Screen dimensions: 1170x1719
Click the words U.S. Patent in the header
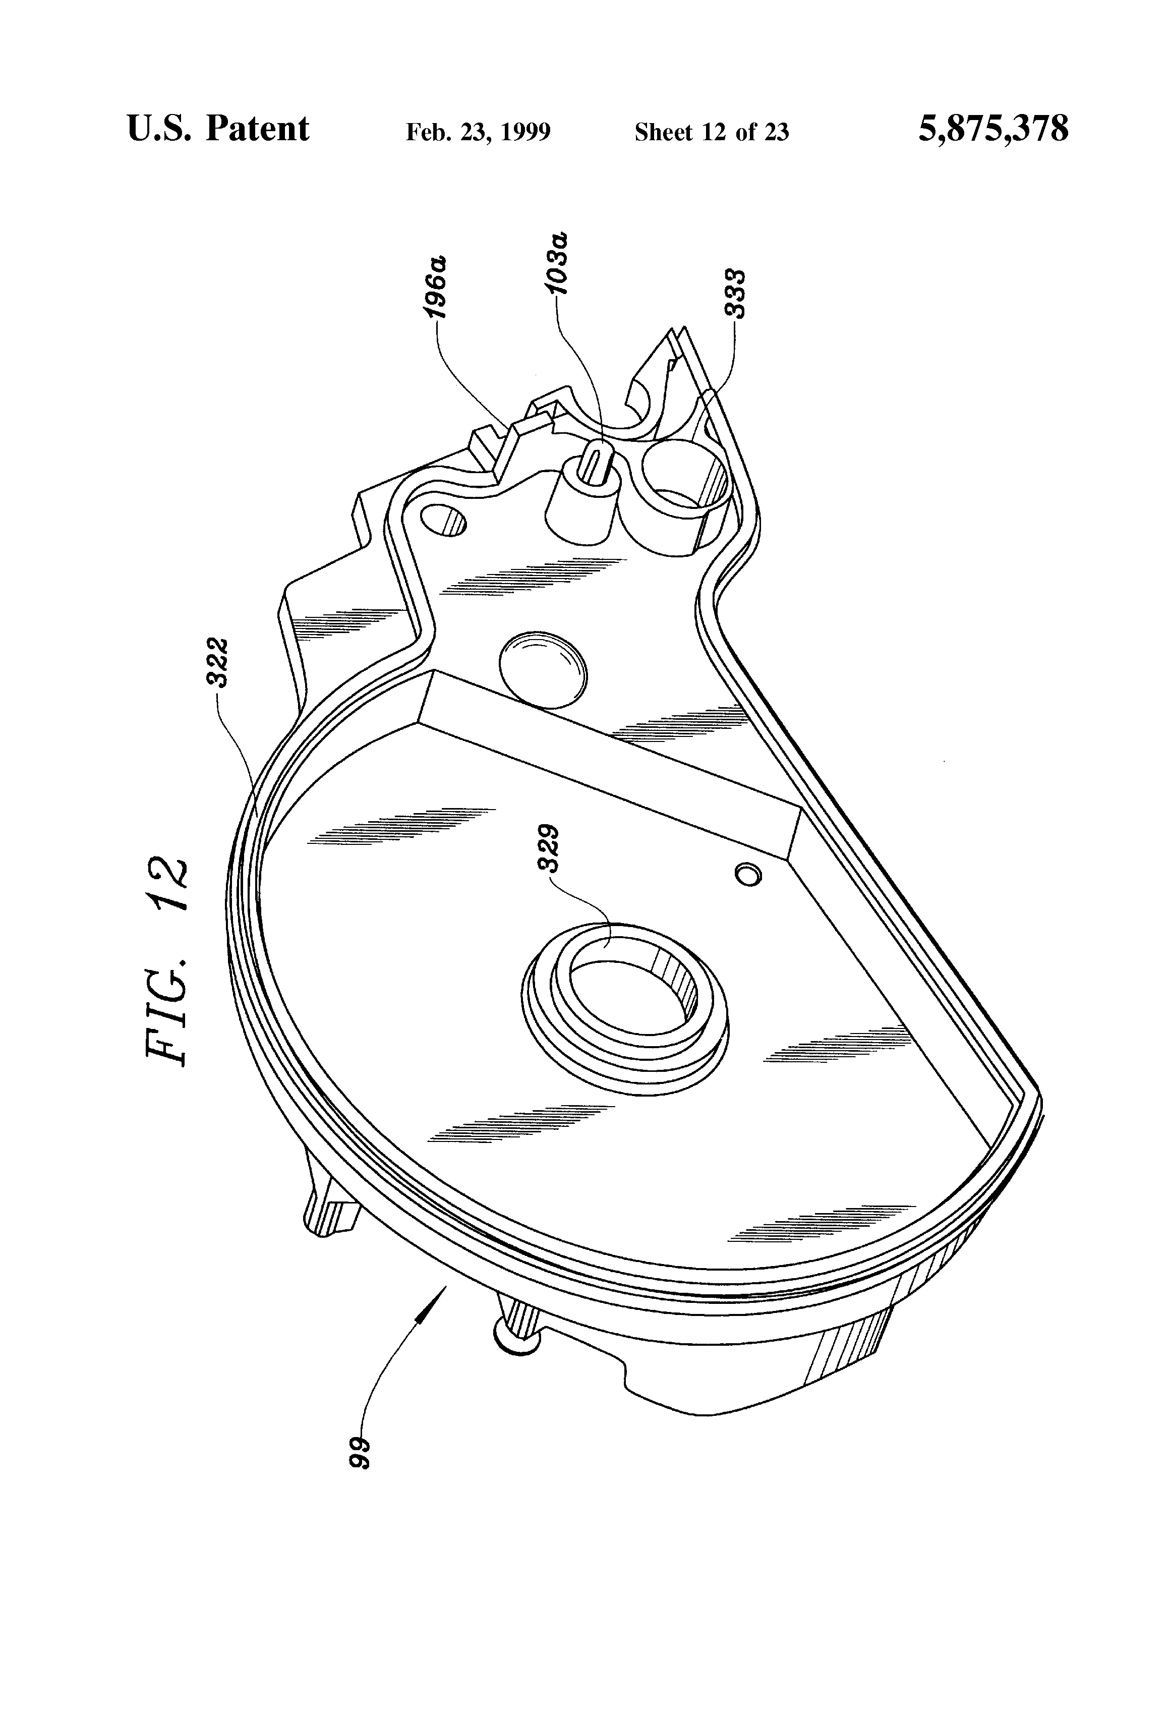point(218,129)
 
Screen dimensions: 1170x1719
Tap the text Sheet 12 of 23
point(712,132)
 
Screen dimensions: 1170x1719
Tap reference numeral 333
point(735,294)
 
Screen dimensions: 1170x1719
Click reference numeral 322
point(221,662)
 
